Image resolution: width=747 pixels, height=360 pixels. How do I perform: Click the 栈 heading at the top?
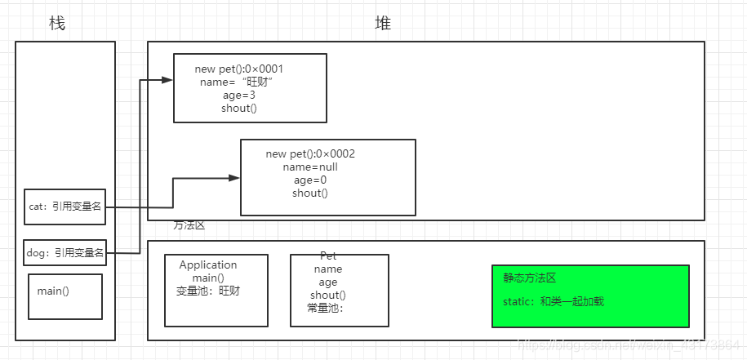point(57,24)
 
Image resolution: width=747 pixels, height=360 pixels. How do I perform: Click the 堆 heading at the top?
point(383,24)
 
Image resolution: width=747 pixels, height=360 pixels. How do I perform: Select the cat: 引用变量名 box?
point(64,207)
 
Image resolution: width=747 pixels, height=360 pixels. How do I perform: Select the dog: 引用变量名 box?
point(64,253)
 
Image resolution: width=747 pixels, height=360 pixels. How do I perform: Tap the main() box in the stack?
point(64,296)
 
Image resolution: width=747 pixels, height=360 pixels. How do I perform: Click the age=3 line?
point(239,95)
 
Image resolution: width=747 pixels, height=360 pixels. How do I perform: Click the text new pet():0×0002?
point(310,153)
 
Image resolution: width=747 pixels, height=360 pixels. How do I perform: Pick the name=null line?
point(310,167)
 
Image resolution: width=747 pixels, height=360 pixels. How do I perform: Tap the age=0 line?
point(310,180)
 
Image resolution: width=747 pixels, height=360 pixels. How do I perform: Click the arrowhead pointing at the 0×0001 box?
point(167,80)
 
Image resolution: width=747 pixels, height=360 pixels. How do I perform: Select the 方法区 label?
point(189,225)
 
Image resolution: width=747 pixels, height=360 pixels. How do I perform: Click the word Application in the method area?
point(208,264)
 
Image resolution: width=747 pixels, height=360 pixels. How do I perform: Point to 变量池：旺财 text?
point(208,291)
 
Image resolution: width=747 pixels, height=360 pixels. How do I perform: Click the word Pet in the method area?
point(328,256)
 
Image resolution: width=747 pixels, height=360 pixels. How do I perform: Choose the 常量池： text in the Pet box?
point(325,308)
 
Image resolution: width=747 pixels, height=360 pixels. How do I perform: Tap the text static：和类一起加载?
point(554,302)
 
